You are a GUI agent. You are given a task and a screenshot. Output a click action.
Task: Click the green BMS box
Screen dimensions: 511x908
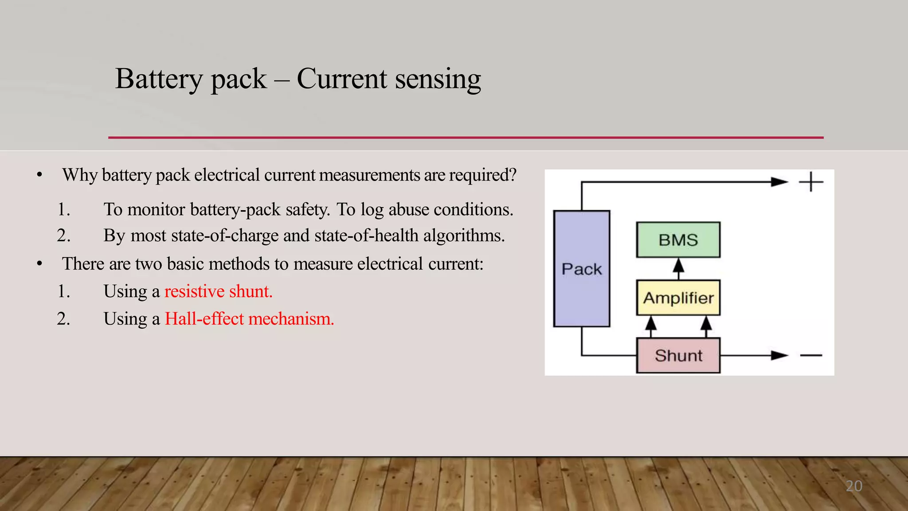[x=678, y=240]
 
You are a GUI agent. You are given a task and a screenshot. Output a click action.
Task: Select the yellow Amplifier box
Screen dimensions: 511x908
[x=678, y=298]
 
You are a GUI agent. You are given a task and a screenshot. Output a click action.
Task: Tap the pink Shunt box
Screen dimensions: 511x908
[x=678, y=355]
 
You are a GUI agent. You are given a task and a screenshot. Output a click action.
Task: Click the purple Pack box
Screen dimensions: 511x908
[x=582, y=269]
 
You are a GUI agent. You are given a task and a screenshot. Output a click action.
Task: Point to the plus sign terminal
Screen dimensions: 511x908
[x=810, y=182]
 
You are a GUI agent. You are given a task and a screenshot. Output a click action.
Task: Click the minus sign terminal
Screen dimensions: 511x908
[x=811, y=355]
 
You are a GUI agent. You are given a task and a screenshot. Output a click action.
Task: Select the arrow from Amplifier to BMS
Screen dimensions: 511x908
[x=678, y=267]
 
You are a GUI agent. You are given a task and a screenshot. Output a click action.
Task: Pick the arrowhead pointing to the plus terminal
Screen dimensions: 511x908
[x=779, y=182]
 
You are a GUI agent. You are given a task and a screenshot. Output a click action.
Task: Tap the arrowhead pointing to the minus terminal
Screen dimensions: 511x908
[x=779, y=355]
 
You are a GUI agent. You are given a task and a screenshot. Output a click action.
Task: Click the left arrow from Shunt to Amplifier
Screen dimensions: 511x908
[x=650, y=326]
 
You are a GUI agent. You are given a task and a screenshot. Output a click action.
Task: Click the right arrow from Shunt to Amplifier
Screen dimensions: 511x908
[x=706, y=326]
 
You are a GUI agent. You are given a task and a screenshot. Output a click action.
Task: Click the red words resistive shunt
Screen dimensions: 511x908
[x=218, y=291]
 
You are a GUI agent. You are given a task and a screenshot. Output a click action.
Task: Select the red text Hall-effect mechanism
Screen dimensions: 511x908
[x=249, y=319]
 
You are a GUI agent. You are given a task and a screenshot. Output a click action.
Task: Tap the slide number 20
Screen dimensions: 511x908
[x=853, y=486]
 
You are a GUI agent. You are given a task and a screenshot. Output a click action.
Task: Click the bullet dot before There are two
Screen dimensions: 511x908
[x=39, y=264]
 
